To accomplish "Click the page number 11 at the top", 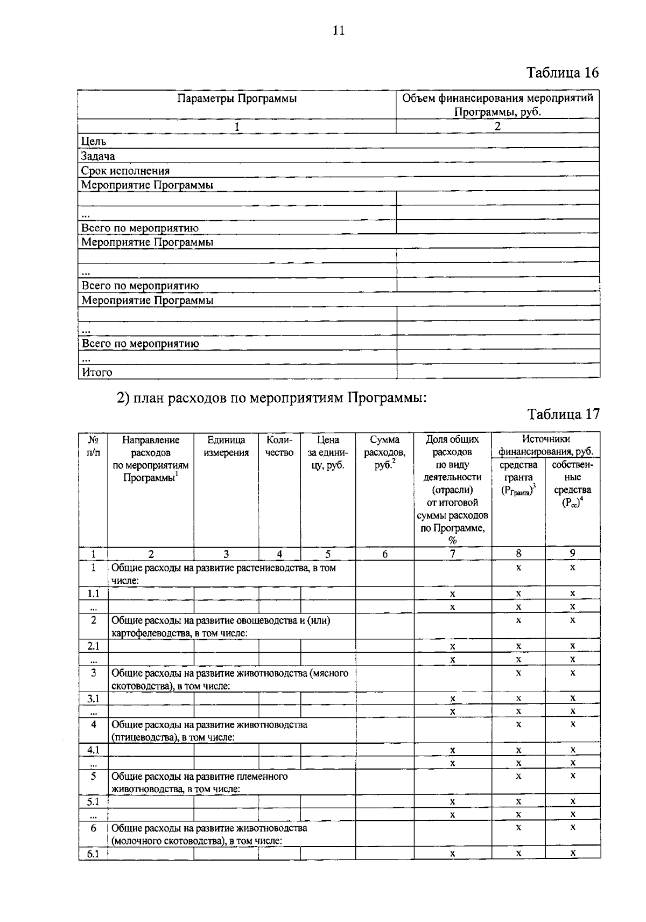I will tap(338, 31).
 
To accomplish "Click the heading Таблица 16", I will tap(562, 73).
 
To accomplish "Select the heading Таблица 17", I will tap(563, 414).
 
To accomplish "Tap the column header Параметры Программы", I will tap(237, 99).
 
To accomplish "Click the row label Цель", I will tap(94, 142).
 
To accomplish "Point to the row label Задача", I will tap(98, 156).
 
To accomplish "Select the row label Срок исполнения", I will tap(125, 171).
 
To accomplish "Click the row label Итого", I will tap(97, 372).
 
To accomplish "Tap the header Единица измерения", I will tap(226, 446).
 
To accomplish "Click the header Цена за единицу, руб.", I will tap(328, 452).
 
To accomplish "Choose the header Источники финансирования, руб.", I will tap(546, 445).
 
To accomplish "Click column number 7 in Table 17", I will tap(452, 554).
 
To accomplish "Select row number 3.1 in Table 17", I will tap(94, 699).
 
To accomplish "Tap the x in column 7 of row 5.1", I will tap(453, 801).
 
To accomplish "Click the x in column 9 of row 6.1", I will tap(573, 853).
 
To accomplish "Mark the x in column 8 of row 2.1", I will tap(518, 645).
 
